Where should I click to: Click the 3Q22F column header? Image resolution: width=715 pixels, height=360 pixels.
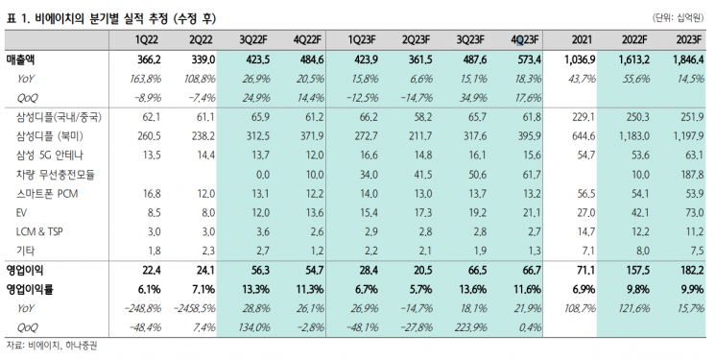pyautogui.click(x=253, y=40)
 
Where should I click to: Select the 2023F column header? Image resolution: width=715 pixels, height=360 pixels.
pyautogui.click(x=688, y=40)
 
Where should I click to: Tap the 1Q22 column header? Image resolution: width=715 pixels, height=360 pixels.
pyautogui.click(x=147, y=40)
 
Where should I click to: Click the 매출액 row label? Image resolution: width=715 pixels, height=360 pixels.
pyautogui.click(x=21, y=60)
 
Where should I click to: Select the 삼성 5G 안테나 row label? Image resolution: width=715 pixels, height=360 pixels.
pyautogui.click(x=50, y=156)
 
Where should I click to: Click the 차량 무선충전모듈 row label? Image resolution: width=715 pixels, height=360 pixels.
pyautogui.click(x=56, y=175)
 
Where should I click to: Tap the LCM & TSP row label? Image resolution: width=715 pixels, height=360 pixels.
pyautogui.click(x=39, y=231)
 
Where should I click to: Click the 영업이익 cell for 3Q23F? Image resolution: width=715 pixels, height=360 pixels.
pyautogui.click(x=477, y=270)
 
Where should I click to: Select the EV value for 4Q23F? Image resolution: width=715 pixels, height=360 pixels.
pyautogui.click(x=532, y=212)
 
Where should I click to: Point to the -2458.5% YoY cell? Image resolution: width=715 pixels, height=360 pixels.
pyautogui.click(x=195, y=308)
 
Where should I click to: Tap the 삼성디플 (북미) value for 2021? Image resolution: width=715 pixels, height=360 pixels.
pyautogui.click(x=584, y=136)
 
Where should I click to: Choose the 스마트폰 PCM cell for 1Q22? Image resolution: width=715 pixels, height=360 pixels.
pyautogui.click(x=152, y=194)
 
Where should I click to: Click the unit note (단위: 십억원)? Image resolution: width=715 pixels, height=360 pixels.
pyautogui.click(x=678, y=18)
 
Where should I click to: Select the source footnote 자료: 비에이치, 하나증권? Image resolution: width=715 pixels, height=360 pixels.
pyautogui.click(x=52, y=346)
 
